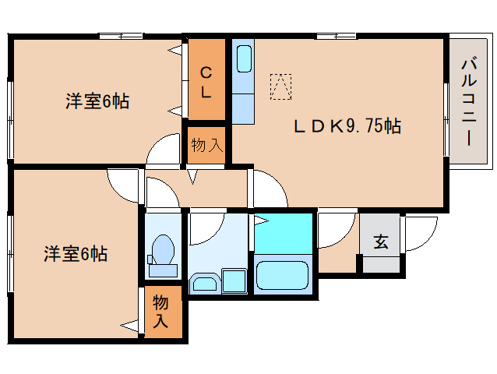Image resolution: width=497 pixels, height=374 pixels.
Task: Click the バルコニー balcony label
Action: click(469, 101)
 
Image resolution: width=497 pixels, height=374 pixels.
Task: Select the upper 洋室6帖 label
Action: click(97, 101)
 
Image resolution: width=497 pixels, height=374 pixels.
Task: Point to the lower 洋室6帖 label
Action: click(75, 253)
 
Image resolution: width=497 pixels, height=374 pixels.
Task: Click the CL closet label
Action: click(206, 83)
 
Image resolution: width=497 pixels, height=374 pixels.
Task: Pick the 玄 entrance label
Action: click(380, 242)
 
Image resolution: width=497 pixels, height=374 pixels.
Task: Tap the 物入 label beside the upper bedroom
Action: click(206, 144)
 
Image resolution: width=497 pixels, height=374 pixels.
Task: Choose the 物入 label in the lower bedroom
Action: click(161, 310)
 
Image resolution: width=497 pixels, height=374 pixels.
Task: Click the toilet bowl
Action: click(163, 251)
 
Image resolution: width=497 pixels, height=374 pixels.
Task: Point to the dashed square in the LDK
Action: click(280, 86)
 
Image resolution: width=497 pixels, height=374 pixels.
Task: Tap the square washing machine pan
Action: click(232, 280)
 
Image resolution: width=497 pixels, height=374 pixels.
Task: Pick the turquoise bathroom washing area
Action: click(284, 230)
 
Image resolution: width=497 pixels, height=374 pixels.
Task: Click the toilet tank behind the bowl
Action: click(162, 270)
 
